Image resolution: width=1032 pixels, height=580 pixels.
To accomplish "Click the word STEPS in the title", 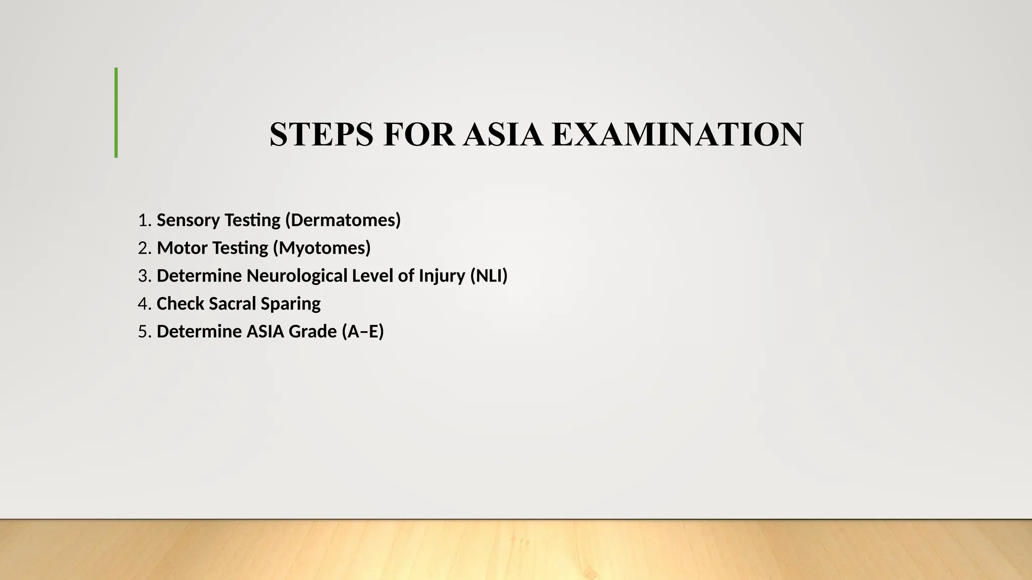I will [321, 134].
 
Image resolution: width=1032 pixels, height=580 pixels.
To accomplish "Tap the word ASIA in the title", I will [503, 134].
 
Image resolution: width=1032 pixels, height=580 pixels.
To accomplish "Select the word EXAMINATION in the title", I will [677, 134].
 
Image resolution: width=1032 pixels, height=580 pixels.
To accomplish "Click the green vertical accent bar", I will [116, 113].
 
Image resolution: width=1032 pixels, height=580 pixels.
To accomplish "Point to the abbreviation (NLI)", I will [488, 276].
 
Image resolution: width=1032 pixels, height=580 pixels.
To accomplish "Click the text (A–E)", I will [362, 331].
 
